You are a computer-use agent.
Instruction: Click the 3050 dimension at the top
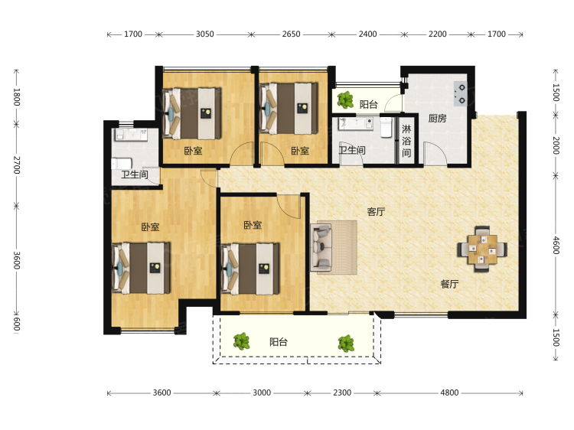point(204,34)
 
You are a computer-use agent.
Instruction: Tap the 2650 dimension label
point(291,34)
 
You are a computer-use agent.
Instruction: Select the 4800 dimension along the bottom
point(449,393)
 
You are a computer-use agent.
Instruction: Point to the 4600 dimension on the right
point(556,245)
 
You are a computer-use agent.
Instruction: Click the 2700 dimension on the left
point(17,165)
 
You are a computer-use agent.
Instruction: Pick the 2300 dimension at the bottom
point(342,393)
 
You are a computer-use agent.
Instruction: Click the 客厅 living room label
point(376,211)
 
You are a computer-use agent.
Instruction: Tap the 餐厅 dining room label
point(449,284)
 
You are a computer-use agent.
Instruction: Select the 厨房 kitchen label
point(437,118)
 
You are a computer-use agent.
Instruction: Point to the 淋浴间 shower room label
point(406,141)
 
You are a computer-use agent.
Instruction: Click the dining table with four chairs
point(482,249)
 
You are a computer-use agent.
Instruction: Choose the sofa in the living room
point(321,248)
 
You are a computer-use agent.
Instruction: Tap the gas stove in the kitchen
point(461,93)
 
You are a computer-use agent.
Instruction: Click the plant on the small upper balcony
point(345,99)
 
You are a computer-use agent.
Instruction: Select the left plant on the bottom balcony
point(242,341)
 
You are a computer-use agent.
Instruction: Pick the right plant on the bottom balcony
point(346,344)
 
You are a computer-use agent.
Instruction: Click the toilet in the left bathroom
point(121,163)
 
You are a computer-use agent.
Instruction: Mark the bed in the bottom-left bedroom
point(141,268)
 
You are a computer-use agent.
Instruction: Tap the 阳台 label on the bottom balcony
point(279,342)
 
